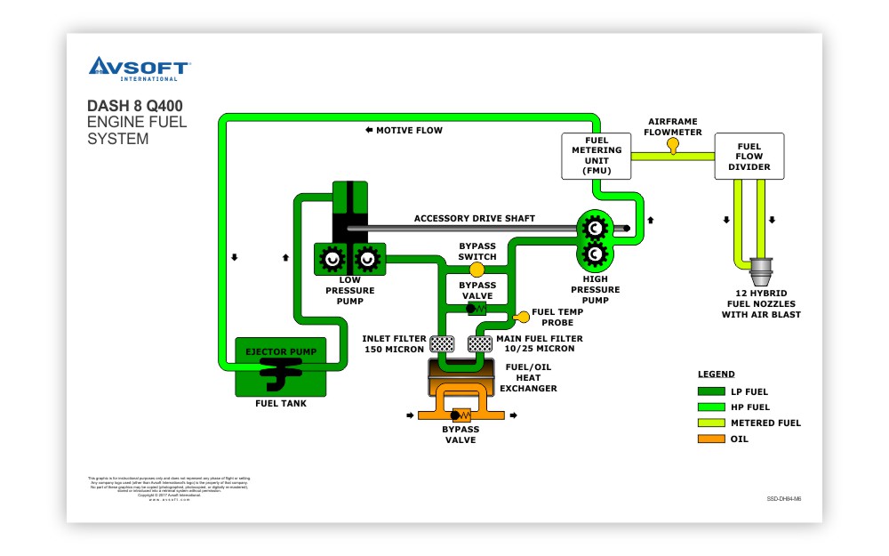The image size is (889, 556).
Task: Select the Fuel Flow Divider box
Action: (749, 156)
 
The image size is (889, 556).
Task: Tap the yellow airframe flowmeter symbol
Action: (673, 143)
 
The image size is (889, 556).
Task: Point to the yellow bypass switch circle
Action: (477, 269)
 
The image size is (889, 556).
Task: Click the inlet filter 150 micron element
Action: (442, 343)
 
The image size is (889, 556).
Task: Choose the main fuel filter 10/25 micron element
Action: (480, 343)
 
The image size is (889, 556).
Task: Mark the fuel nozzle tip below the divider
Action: (761, 268)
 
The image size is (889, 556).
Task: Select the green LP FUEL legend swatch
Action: (711, 391)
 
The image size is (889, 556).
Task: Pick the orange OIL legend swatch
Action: (711, 439)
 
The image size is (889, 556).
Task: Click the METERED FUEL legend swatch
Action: (711, 423)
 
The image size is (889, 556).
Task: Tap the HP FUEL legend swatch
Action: (711, 407)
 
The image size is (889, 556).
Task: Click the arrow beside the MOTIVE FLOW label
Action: (368, 130)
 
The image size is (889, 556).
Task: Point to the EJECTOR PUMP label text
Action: (280, 351)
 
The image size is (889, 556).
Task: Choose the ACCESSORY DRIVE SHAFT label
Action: (474, 218)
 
